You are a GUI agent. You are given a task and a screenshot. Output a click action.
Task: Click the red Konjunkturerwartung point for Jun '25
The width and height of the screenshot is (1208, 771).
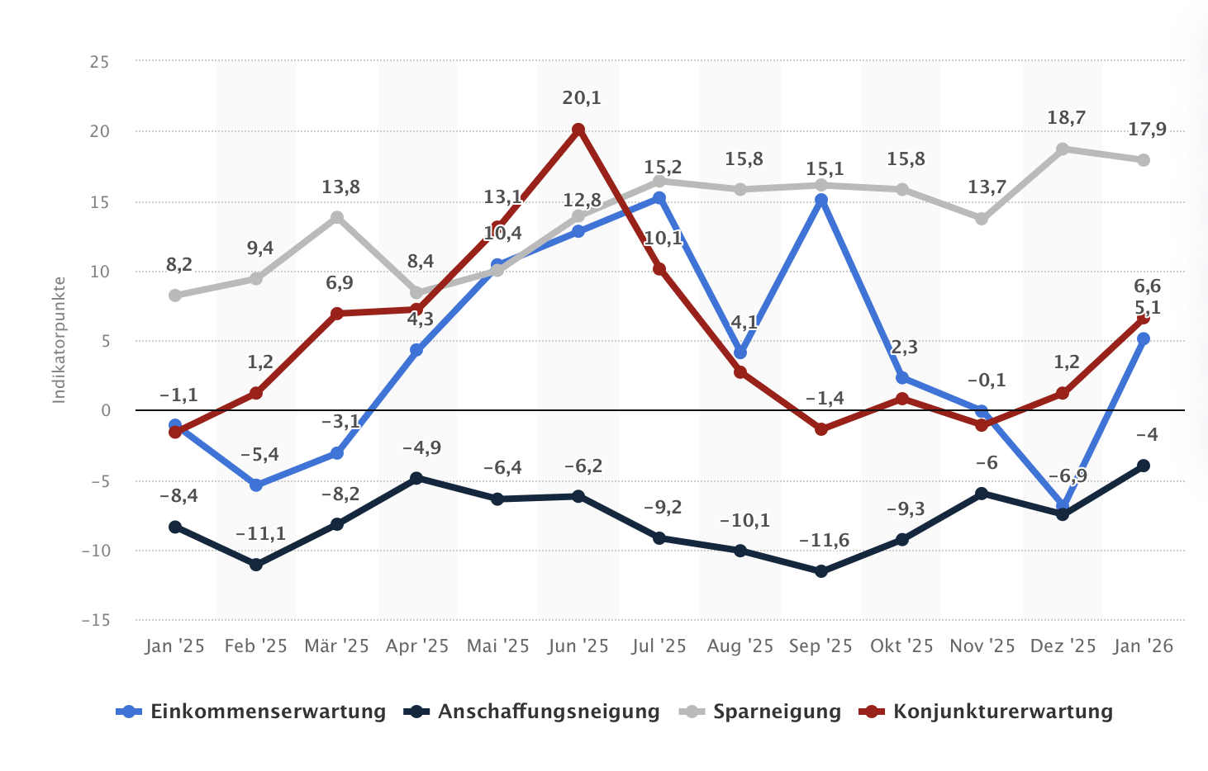pyautogui.click(x=578, y=130)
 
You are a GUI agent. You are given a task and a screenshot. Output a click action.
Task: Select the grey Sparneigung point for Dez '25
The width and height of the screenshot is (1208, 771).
pyautogui.click(x=1063, y=149)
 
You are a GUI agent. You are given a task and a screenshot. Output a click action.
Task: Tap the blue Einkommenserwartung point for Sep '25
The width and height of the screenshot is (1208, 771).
pyautogui.click(x=821, y=200)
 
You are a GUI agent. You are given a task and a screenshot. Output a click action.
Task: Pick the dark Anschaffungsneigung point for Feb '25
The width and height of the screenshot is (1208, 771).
pyautogui.click(x=256, y=565)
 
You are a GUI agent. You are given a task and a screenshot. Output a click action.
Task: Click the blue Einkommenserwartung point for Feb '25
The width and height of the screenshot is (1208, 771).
pyautogui.click(x=256, y=485)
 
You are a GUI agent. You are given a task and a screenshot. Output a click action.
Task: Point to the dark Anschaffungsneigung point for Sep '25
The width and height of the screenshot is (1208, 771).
pyautogui.click(x=821, y=571)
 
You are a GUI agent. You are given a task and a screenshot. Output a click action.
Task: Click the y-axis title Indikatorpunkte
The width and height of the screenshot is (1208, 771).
pyautogui.click(x=59, y=340)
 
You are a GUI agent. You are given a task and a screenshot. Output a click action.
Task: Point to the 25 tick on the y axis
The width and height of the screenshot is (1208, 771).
pyautogui.click(x=99, y=62)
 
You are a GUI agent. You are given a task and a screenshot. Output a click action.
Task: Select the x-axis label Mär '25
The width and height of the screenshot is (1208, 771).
pyautogui.click(x=336, y=646)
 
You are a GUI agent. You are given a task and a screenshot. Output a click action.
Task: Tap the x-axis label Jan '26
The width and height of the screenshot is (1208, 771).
pyautogui.click(x=1144, y=646)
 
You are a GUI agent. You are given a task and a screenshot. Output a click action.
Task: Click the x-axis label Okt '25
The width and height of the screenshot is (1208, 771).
pyautogui.click(x=901, y=646)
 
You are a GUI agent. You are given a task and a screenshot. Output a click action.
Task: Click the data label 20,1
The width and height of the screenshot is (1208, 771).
pyautogui.click(x=582, y=98)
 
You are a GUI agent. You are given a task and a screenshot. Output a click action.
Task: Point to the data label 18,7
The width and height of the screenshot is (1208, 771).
pyautogui.click(x=1066, y=118)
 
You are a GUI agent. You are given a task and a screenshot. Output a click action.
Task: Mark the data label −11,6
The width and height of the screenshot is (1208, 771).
pyautogui.click(x=824, y=541)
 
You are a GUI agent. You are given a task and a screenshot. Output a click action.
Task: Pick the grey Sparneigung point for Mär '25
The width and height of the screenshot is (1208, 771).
pyautogui.click(x=337, y=218)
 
